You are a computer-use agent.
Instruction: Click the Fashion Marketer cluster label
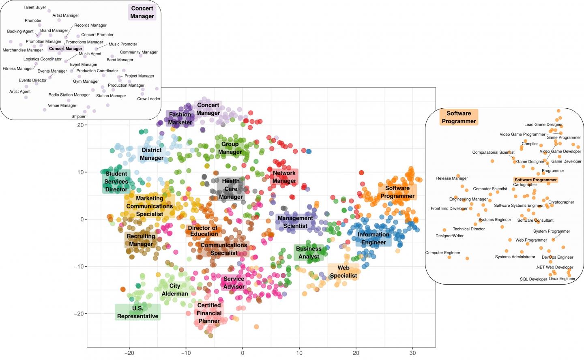180,118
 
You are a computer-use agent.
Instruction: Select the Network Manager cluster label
284,177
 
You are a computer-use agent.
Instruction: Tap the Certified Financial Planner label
209,313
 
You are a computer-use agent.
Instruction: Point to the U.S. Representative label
137,312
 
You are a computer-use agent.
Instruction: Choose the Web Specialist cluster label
343,272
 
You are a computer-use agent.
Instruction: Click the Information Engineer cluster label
374,238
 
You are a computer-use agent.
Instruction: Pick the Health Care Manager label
230,189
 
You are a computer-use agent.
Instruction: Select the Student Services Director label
116,181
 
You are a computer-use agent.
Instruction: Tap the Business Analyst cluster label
309,253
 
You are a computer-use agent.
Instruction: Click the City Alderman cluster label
175,290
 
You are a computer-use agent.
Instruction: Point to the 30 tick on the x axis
412,353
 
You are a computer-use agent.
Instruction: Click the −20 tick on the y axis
79,314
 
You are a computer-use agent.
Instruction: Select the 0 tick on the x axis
243,353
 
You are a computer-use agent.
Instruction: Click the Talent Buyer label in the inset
35,7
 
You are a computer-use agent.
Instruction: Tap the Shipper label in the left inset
78,116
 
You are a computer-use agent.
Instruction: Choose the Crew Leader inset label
148,99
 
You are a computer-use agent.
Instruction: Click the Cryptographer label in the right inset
561,202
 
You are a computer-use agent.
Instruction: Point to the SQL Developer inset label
533,279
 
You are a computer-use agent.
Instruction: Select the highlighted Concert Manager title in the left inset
142,12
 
